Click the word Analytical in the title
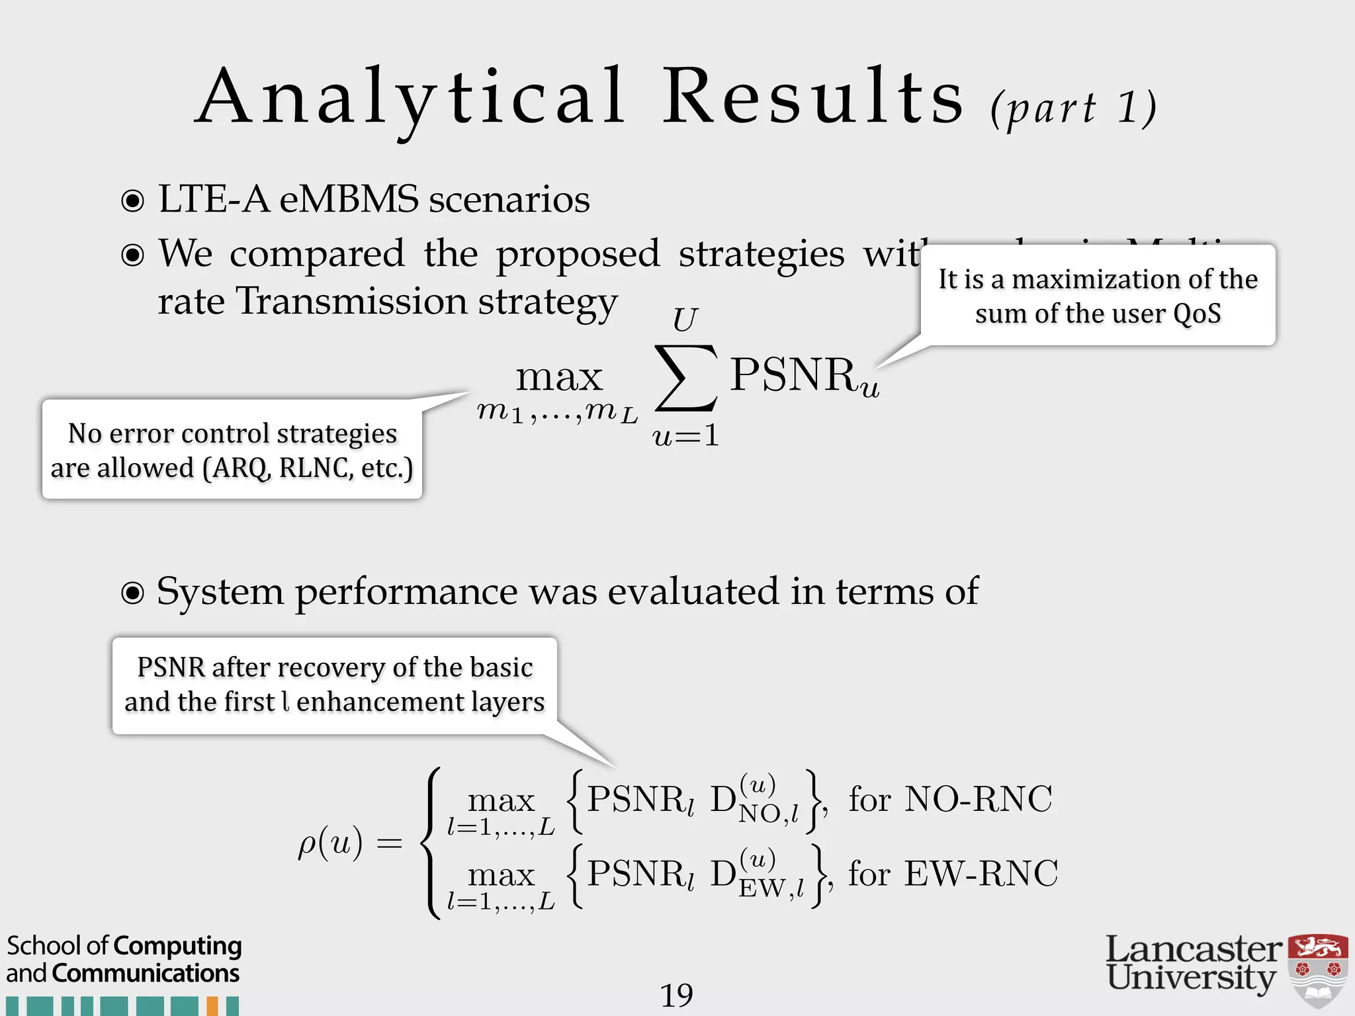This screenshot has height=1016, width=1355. pos(410,98)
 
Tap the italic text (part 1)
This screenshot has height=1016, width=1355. pos(1073,107)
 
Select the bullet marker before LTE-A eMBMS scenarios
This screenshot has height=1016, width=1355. pos(133,200)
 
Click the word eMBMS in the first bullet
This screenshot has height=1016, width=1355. pos(349,199)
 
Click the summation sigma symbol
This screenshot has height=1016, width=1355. pos(685,378)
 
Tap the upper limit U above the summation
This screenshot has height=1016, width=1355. pos(685,321)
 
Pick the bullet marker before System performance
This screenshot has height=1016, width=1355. pos(133,593)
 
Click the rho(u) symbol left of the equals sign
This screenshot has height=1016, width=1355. pos(330,844)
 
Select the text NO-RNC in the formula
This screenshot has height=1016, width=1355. pos(978,799)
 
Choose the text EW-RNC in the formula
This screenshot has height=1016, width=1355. pos(981,873)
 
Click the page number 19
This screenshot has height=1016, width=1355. pos(676,995)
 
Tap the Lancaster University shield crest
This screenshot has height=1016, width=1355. pos(1318,969)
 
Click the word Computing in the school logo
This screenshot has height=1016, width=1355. pos(178,946)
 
